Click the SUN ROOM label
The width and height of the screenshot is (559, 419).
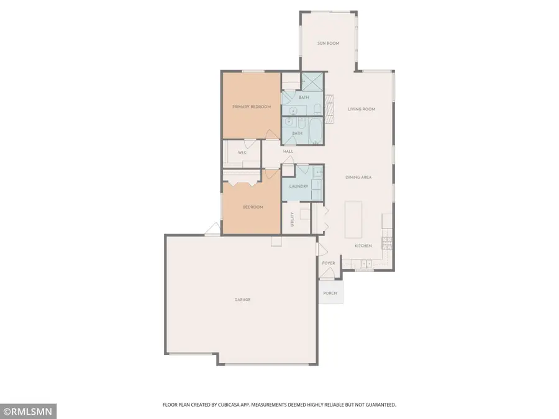[x=328, y=43]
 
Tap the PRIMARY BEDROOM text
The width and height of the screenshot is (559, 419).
[x=252, y=107]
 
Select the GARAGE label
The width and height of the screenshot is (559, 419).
[x=242, y=300]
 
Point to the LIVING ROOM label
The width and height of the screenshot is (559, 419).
[x=361, y=109]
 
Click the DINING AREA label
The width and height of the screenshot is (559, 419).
[x=358, y=178]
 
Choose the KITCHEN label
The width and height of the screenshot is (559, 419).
[x=363, y=246]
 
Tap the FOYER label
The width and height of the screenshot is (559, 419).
[x=329, y=263]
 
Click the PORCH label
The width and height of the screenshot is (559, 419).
[x=330, y=293]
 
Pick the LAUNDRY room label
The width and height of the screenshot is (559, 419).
[x=298, y=185]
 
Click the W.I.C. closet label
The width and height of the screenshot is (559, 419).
[x=242, y=153]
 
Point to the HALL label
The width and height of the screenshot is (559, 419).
[x=288, y=151]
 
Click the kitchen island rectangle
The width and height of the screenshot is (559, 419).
[x=354, y=219]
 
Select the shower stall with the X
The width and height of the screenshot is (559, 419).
[x=312, y=81]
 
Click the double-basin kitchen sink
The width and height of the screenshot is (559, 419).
[x=366, y=264]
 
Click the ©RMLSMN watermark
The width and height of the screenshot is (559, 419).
[x=29, y=411]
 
